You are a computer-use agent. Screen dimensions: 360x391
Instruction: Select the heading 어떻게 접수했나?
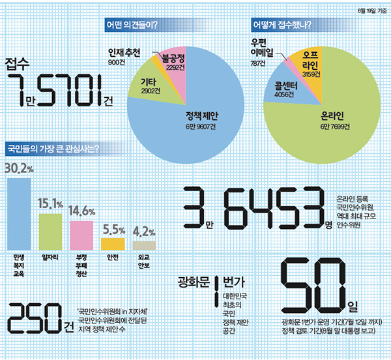(280, 26)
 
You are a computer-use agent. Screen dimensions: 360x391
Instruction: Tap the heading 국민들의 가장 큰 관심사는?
(52, 149)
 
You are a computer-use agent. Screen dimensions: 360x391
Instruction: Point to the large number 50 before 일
(313, 286)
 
